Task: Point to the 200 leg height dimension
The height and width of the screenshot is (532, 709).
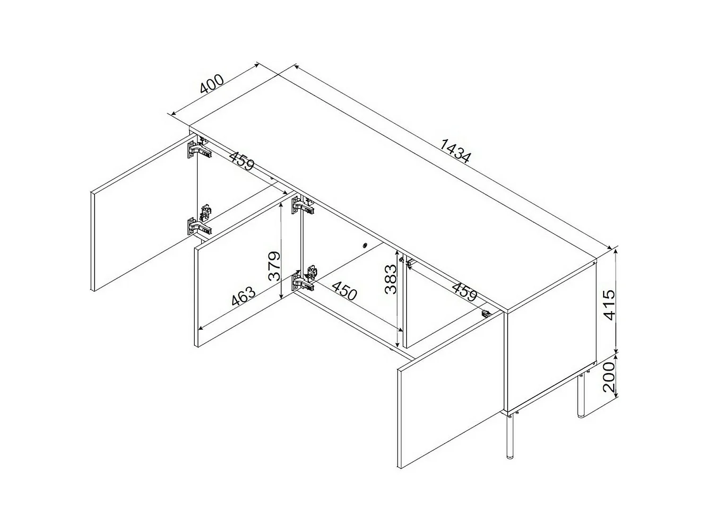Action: coord(610,377)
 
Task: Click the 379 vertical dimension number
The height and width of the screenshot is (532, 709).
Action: coord(274,266)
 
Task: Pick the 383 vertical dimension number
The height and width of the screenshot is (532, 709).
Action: coord(390,279)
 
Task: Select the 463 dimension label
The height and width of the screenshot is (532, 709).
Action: coord(243,297)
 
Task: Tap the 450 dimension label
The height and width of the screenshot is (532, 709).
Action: coord(344,290)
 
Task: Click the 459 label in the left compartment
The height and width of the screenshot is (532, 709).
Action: coord(242,160)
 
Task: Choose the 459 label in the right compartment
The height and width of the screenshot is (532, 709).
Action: coord(464,291)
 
